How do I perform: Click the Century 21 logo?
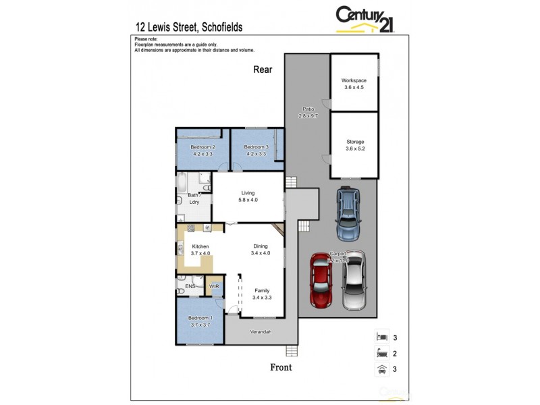365,19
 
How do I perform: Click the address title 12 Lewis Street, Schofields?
189,28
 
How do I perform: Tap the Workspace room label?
354,80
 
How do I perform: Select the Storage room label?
354,142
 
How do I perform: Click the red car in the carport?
321,278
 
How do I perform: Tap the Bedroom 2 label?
202,147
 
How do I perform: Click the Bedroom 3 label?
256,147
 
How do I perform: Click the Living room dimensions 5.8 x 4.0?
248,200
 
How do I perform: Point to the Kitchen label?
200,246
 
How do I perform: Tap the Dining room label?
261,246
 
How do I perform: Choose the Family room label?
261,290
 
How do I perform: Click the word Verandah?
261,332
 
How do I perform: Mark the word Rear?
262,69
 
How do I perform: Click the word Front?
281,367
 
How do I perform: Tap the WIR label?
214,287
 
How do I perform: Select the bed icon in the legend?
381,336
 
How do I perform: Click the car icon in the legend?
381,369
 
